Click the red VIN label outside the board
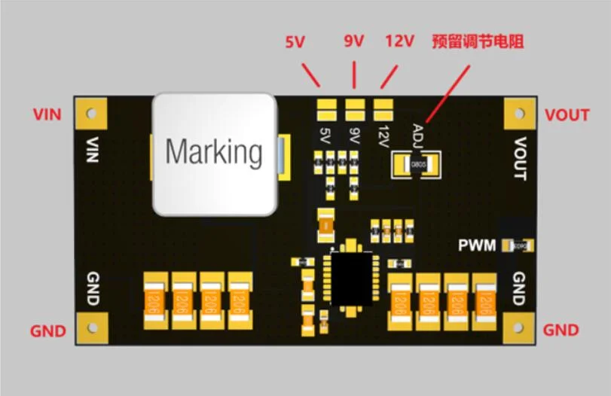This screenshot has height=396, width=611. tap(47, 114)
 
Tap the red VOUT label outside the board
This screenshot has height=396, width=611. tap(567, 115)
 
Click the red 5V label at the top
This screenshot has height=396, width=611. tap(295, 42)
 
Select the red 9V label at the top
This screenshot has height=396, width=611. tap(354, 41)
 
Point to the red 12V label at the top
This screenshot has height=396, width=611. tap(399, 41)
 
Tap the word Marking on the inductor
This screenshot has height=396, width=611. tap(214, 152)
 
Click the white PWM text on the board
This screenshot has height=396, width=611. tap(477, 245)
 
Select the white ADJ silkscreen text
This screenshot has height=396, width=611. tap(419, 136)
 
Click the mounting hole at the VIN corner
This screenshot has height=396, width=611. tap(91, 114)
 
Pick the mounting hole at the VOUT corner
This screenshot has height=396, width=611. tap(519, 114)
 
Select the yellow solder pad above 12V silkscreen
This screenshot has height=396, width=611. tap(383, 111)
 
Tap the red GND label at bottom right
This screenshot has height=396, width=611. tap(561, 331)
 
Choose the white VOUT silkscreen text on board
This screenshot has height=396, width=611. tap(520, 158)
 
